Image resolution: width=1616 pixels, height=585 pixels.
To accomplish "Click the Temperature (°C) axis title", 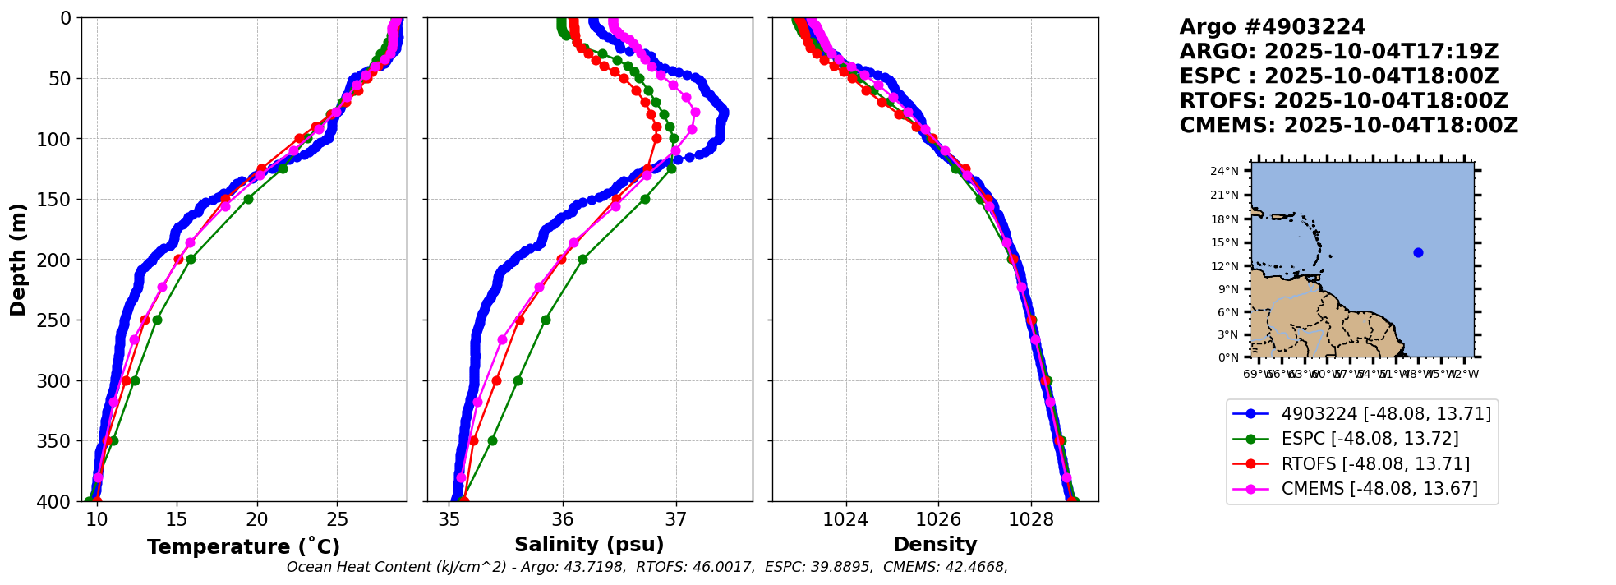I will pos(243,547).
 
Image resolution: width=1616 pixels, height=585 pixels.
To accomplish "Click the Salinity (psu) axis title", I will pos(589,545).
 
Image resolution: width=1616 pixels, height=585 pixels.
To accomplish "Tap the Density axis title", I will pos(935,545).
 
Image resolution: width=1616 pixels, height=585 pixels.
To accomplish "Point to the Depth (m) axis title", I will pos(18,260).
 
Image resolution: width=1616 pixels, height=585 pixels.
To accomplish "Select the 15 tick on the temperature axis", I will pos(177,519).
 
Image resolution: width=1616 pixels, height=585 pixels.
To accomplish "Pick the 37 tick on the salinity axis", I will pos(676,519).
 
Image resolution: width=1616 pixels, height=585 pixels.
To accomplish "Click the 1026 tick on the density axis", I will pos(938,519).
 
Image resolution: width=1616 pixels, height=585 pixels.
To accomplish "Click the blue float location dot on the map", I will pos(1418,252).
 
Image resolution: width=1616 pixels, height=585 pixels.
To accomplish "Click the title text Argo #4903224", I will pos(1272,27).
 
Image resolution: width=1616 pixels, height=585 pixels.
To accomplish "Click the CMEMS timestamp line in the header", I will pos(1348,126).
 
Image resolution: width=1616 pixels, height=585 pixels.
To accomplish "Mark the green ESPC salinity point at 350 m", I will pos(492,440).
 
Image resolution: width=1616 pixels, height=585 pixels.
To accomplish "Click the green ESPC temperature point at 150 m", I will pos(248,199).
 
